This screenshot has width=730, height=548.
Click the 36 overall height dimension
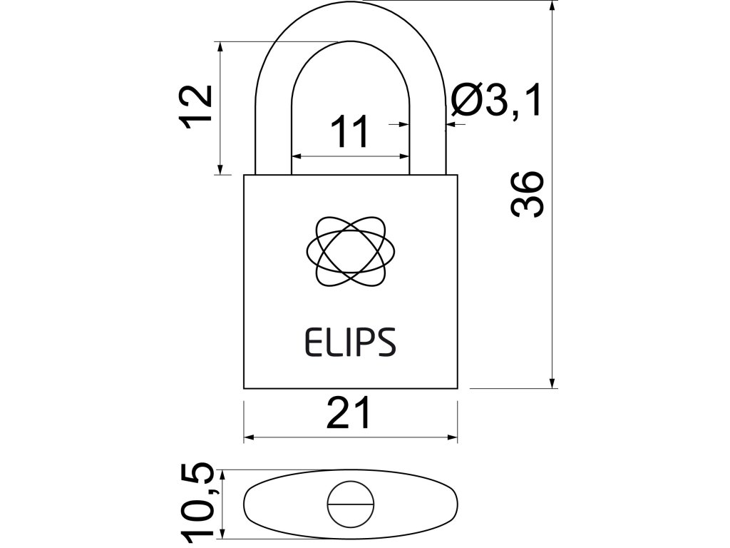click(528, 193)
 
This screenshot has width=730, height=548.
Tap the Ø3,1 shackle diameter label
click(497, 101)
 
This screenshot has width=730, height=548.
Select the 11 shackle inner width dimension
click(351, 132)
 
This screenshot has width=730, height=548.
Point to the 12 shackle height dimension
click(195, 106)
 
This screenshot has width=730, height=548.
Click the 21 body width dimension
click(349, 414)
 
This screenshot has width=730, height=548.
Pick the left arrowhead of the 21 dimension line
click(250, 437)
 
